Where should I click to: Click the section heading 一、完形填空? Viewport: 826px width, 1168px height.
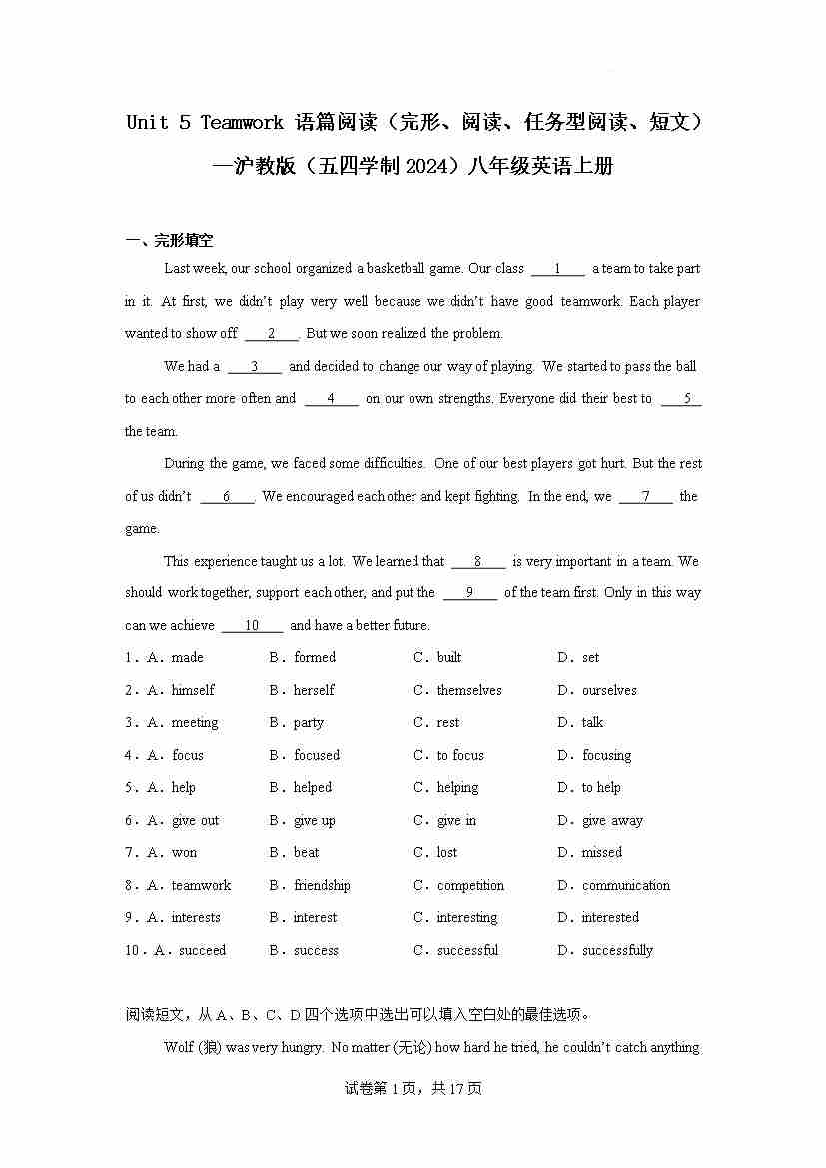[169, 240]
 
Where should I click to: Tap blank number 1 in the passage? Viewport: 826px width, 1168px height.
[557, 268]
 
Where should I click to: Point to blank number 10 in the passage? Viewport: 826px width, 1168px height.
[252, 625]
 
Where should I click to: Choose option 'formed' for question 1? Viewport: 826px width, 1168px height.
[315, 657]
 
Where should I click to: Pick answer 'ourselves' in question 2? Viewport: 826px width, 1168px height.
[609, 690]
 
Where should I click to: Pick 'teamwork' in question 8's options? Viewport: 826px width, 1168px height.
[201, 885]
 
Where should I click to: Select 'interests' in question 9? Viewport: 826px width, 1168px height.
[196, 917]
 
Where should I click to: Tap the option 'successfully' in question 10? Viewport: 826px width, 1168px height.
[617, 950]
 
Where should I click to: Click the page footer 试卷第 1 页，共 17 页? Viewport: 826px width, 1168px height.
[413, 1088]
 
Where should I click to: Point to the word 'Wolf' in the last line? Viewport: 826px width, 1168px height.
[178, 1047]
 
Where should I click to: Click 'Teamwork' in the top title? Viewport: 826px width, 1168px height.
[242, 123]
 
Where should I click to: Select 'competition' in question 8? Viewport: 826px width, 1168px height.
[470, 885]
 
